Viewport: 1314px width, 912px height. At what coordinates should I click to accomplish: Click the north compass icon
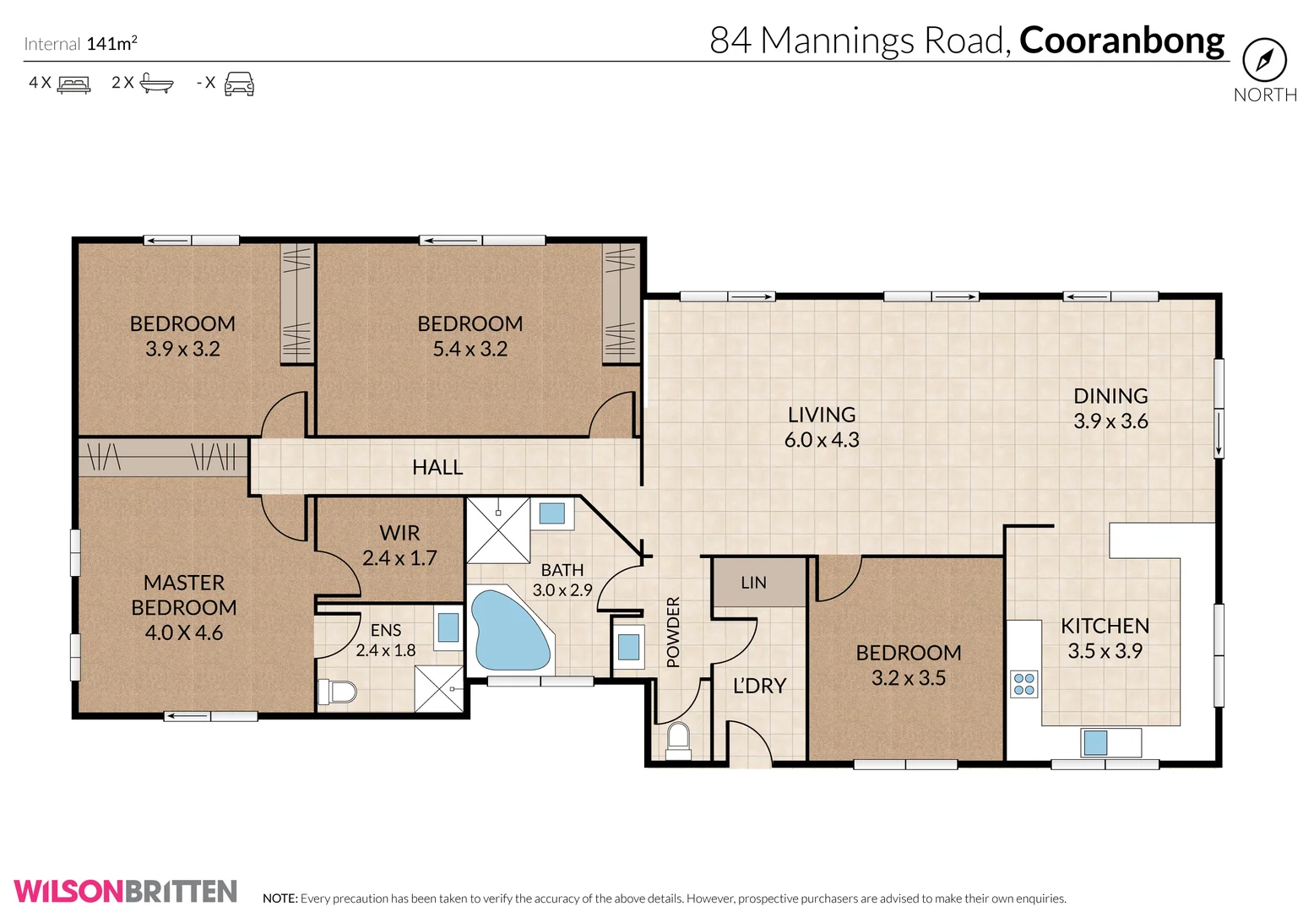click(x=1264, y=60)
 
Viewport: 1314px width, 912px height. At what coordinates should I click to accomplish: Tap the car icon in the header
click(x=239, y=84)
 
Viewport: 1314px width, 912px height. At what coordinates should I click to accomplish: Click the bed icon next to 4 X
click(x=73, y=84)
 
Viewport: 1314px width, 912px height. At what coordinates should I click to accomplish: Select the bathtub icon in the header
click(x=156, y=83)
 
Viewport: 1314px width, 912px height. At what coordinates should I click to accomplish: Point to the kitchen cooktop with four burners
click(x=1024, y=683)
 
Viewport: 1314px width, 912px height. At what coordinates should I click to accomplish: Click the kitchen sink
click(x=1095, y=742)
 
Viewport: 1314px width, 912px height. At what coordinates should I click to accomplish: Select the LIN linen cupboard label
click(x=753, y=583)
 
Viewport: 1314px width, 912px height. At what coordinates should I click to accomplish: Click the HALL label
click(x=437, y=467)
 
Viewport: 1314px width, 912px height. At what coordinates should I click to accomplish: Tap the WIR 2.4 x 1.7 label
click(x=399, y=546)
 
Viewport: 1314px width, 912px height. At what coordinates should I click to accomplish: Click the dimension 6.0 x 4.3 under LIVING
click(x=822, y=440)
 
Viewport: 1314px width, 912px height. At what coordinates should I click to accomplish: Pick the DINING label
click(x=1110, y=396)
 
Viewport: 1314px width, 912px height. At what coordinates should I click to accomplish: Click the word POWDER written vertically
click(x=673, y=632)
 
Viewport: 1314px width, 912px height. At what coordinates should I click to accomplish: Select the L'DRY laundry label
click(x=759, y=686)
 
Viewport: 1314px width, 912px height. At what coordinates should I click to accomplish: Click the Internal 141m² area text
click(x=80, y=44)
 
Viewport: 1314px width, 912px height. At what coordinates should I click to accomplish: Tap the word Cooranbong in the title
click(x=1121, y=41)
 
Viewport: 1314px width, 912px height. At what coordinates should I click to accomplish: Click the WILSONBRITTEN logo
click(x=125, y=892)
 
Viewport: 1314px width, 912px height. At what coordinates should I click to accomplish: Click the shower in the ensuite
click(x=439, y=688)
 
